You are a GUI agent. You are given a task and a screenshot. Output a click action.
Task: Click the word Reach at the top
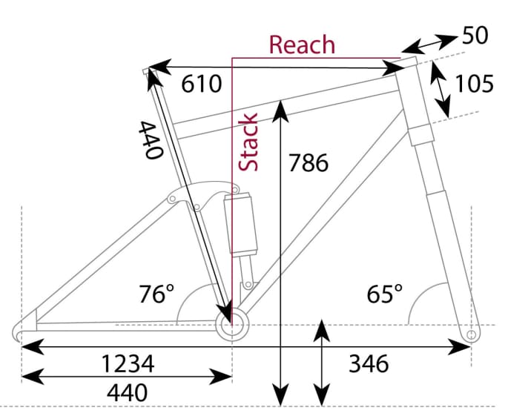coord(302,44)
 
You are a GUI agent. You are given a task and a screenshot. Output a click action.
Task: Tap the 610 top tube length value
coord(202,85)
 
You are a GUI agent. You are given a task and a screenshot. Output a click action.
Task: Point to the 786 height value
coord(308,162)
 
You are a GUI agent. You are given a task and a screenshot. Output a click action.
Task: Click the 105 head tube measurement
coord(474,84)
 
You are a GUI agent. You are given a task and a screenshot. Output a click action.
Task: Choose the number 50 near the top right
coord(475,36)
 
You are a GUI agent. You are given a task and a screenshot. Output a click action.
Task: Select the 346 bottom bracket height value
coord(369,364)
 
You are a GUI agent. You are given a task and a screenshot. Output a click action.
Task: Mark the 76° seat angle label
coord(156,294)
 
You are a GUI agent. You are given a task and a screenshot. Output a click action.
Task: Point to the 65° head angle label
coord(386,294)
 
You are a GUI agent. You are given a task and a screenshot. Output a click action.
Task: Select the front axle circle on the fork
coord(470,336)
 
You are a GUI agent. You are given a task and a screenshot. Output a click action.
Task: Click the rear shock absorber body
coord(243,226)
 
